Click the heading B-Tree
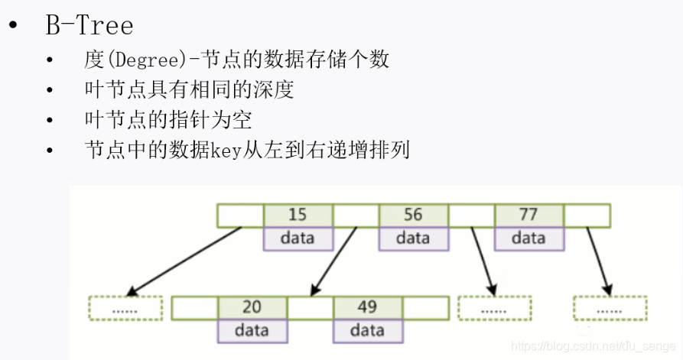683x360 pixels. click(x=89, y=25)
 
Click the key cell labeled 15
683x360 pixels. click(x=298, y=216)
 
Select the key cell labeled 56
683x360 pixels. click(x=413, y=216)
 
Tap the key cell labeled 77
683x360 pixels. click(x=529, y=216)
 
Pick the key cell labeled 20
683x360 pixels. click(x=252, y=307)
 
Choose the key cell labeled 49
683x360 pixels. click(x=367, y=307)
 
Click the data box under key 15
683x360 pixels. click(x=298, y=238)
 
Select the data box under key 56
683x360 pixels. click(x=413, y=238)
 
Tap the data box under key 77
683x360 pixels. click(x=529, y=238)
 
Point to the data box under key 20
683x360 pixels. click(x=252, y=330)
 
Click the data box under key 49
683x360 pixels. click(x=367, y=330)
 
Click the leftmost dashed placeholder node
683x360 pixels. click(x=125, y=307)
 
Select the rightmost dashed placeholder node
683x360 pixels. click(x=610, y=307)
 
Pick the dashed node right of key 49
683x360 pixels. click(x=494, y=307)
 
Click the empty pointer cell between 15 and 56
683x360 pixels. click(x=356, y=216)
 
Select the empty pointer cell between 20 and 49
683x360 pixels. click(x=310, y=307)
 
